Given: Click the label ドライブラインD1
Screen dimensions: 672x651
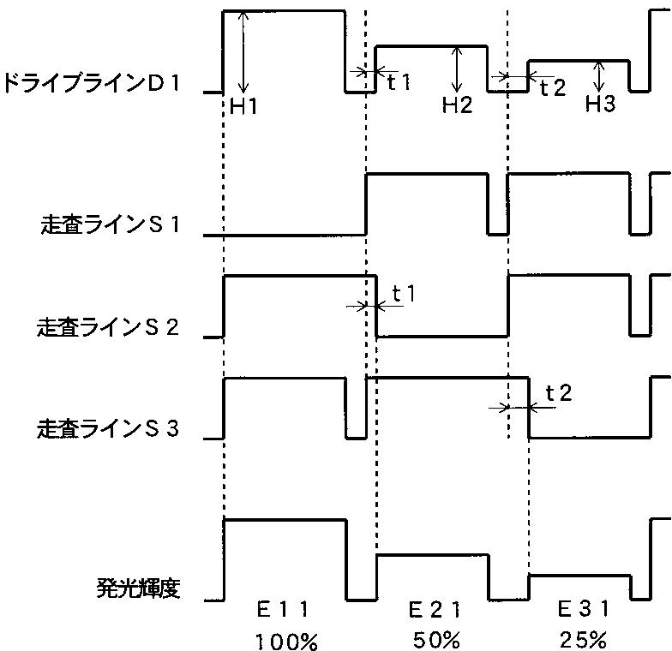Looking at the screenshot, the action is point(91,84).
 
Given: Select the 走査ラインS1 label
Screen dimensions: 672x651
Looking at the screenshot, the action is point(110,225).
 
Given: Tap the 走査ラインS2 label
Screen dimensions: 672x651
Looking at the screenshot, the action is point(108,328).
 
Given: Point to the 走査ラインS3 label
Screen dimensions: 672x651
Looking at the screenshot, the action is point(108,428).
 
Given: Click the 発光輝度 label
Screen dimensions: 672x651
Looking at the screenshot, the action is point(138,588).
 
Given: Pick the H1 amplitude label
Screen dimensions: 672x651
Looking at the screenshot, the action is point(243,106).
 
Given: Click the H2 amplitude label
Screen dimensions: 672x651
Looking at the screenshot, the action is point(457,105).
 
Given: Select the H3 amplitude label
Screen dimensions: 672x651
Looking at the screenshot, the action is point(600,104).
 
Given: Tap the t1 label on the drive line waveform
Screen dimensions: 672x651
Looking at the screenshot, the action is point(399,82).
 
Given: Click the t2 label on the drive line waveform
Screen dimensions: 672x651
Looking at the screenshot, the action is point(553,87).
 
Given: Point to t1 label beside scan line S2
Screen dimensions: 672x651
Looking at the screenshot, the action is point(403,294).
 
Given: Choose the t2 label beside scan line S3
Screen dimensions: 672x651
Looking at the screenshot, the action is point(559,392).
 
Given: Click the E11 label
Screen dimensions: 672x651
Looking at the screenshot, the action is point(282,610).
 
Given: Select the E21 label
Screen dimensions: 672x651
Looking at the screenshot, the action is point(434,610).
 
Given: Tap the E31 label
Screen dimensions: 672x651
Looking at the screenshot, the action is point(583,608).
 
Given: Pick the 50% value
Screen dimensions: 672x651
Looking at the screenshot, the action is point(437,641).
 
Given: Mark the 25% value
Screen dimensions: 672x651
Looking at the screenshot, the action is point(583,641).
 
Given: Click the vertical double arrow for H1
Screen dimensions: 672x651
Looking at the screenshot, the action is point(243,51).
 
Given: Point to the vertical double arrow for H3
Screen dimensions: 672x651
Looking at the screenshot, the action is point(600,75).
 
